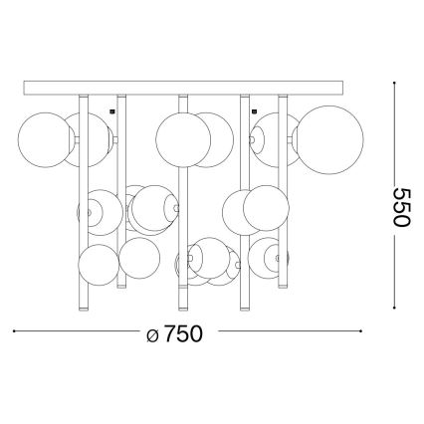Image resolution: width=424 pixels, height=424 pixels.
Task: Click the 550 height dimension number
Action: pos(402,207)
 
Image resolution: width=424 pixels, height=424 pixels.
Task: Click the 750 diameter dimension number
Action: pos(182,333)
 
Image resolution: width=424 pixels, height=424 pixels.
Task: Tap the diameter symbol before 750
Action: pos(152,335)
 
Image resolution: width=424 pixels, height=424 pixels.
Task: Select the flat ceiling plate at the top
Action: pos(183,88)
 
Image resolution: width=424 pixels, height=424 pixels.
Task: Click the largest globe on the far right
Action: pos(330,140)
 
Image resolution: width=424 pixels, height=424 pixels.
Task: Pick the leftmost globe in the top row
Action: pos(46,139)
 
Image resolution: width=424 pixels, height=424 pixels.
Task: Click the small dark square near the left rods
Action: pos(112,111)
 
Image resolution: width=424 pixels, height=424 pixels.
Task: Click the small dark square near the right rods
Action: pos(255,111)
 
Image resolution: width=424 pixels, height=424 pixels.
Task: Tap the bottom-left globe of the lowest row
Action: pos(99,265)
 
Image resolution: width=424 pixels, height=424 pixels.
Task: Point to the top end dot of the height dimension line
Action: pos(394,83)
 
